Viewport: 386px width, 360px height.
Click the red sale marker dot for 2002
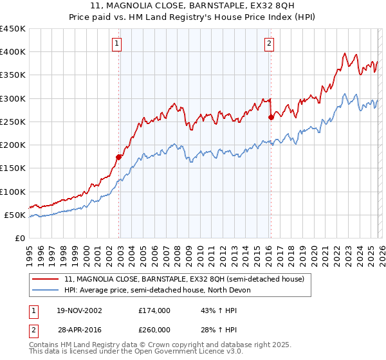click(118, 157)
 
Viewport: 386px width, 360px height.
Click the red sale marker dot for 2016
click(271, 117)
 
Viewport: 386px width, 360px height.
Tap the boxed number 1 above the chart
click(116, 44)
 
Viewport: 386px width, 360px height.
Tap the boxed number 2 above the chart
click(268, 44)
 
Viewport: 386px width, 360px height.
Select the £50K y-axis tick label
click(14, 215)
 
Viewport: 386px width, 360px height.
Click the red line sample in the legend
click(46, 279)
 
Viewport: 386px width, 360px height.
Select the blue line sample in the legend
click(46, 290)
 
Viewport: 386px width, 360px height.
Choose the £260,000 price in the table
click(154, 329)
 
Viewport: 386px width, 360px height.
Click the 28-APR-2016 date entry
click(78, 329)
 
